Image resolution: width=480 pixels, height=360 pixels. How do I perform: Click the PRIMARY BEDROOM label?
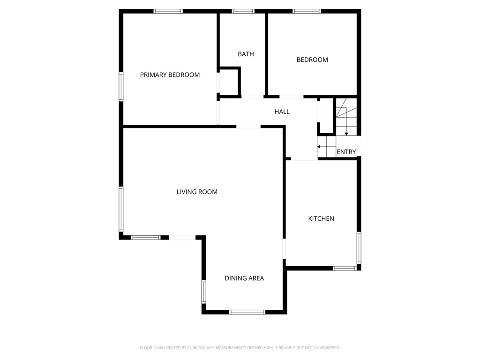[x=170, y=75]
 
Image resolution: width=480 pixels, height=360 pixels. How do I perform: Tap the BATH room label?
[x=246, y=54]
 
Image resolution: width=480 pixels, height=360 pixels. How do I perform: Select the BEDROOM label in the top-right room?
[x=312, y=60]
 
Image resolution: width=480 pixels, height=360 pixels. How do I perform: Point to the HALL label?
[x=282, y=112]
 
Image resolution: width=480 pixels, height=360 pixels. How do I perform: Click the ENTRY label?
[x=346, y=152]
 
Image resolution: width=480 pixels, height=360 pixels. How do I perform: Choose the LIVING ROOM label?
[x=197, y=192]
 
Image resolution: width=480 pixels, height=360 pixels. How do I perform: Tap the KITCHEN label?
[x=321, y=218]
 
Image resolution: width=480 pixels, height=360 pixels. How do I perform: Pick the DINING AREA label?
[x=244, y=278]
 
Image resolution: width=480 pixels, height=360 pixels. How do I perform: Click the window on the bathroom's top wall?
[x=243, y=11]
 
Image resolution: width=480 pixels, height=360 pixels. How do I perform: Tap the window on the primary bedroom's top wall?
[x=168, y=11]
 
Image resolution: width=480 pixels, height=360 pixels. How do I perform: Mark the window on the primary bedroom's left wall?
[x=121, y=87]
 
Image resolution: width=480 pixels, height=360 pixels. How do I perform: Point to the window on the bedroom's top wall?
[x=307, y=11]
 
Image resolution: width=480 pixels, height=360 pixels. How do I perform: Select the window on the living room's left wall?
[x=121, y=209]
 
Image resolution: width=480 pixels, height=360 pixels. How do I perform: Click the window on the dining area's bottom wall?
[x=247, y=312]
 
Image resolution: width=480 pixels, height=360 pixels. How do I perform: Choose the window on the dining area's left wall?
[x=204, y=291]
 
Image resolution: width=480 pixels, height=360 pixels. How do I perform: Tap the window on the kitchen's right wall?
[x=359, y=247]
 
